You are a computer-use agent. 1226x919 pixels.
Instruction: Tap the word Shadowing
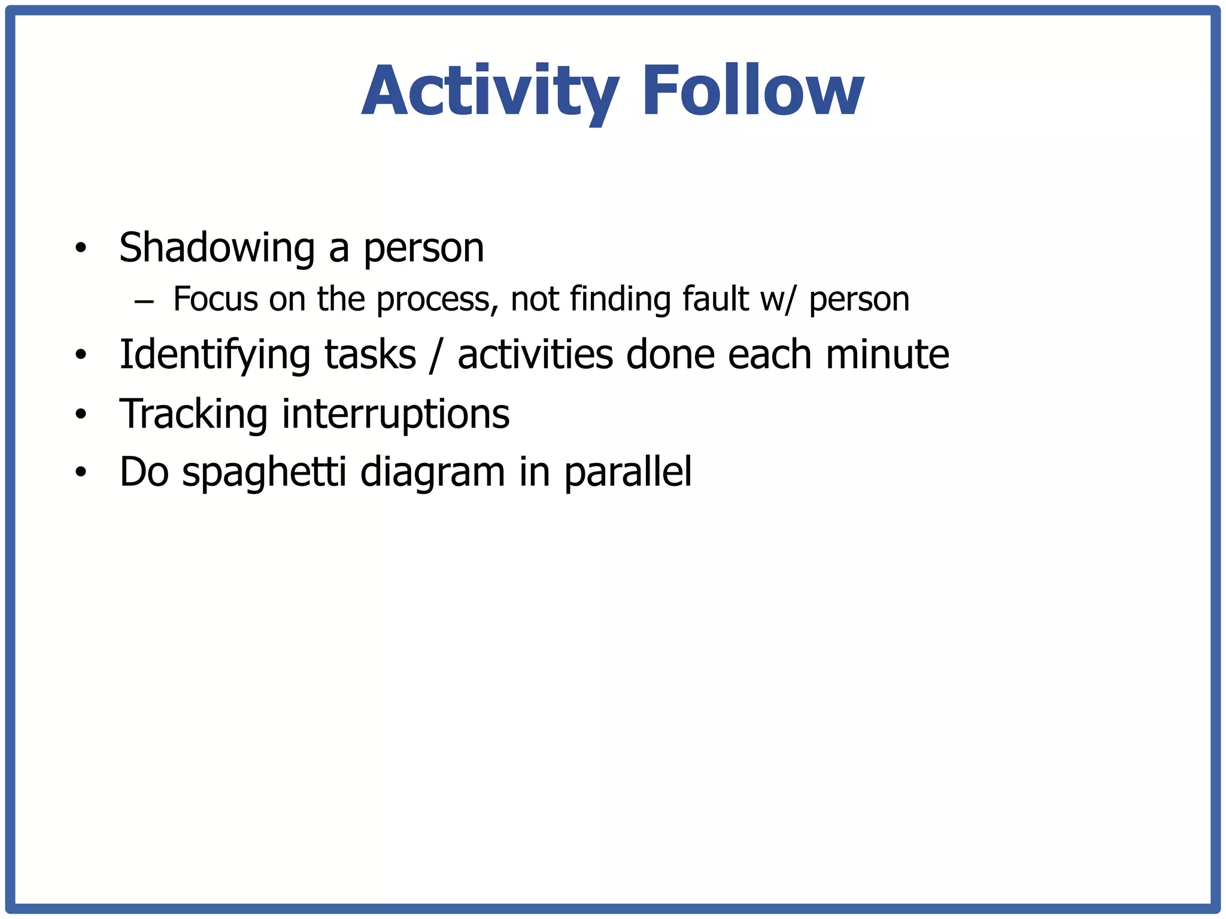(217, 248)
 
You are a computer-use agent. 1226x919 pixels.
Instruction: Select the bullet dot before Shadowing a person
(81, 248)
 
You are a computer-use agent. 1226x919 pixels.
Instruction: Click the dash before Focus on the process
(144, 301)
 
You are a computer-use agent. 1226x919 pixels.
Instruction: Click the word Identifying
(214, 355)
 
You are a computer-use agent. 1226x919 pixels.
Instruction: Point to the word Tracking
(193, 414)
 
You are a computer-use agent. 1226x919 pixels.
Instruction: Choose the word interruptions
(396, 414)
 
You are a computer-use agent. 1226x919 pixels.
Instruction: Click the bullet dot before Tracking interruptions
(81, 414)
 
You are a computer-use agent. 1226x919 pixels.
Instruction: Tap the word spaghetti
(264, 473)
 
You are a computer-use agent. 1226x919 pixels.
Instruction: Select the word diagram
(432, 473)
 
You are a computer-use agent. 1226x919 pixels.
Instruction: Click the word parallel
(628, 472)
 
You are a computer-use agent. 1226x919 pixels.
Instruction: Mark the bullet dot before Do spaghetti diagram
(81, 473)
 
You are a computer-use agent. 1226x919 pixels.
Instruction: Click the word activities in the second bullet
(535, 354)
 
